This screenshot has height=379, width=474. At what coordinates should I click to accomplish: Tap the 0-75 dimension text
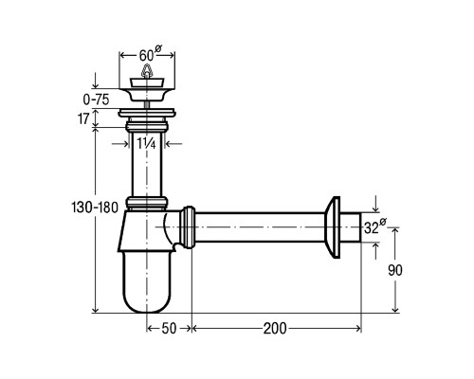(x=96, y=99)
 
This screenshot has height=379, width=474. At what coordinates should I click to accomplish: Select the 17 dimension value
(x=83, y=119)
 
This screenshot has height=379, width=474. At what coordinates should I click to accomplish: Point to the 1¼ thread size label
(x=146, y=144)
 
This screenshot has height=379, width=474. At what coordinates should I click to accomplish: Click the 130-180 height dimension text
(x=95, y=208)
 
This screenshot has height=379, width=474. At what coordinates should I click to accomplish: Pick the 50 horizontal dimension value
(x=169, y=329)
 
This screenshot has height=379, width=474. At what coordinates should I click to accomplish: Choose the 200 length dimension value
(x=275, y=329)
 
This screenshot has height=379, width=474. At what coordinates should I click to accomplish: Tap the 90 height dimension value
(x=395, y=270)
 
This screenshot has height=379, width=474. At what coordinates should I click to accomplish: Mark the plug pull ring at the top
(x=146, y=71)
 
